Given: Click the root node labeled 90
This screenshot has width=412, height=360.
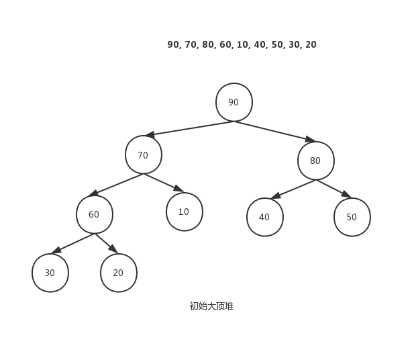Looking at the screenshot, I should tap(234, 102).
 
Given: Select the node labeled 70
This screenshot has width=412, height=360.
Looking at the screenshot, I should tap(143, 155).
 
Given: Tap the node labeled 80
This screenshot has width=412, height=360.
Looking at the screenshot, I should tap(315, 161).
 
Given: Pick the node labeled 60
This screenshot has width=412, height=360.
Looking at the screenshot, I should tap(94, 214).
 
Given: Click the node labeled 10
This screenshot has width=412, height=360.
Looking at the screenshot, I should tap(184, 212).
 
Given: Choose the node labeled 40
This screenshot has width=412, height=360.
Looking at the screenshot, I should tap(264, 217).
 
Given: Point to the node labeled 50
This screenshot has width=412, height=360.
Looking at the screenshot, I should tap(352, 217).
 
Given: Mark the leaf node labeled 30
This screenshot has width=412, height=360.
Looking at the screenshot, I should tap(50, 273).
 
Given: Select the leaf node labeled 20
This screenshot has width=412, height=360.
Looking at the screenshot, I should tap(118, 273).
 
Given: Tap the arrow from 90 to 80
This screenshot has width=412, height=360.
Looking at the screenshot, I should tap(275, 131).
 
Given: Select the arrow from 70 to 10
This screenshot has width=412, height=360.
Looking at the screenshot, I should tap(163, 183).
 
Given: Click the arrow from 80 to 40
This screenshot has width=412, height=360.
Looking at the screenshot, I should tap(293, 189).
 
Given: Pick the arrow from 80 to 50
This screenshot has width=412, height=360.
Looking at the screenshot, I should tap(334, 189).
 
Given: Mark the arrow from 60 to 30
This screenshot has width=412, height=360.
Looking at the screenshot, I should tap(72, 243).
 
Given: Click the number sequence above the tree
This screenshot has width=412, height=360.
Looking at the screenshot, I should tap(242, 44).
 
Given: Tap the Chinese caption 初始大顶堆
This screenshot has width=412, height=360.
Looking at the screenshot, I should tap(211, 306).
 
